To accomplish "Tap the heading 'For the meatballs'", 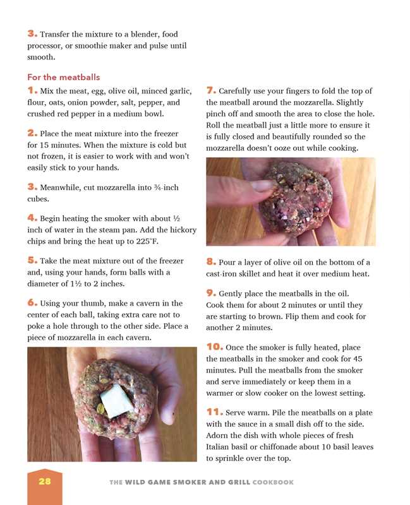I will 59,77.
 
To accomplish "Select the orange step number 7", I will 211,91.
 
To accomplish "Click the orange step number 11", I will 214,412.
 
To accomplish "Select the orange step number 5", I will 32,260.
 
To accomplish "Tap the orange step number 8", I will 212,262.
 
